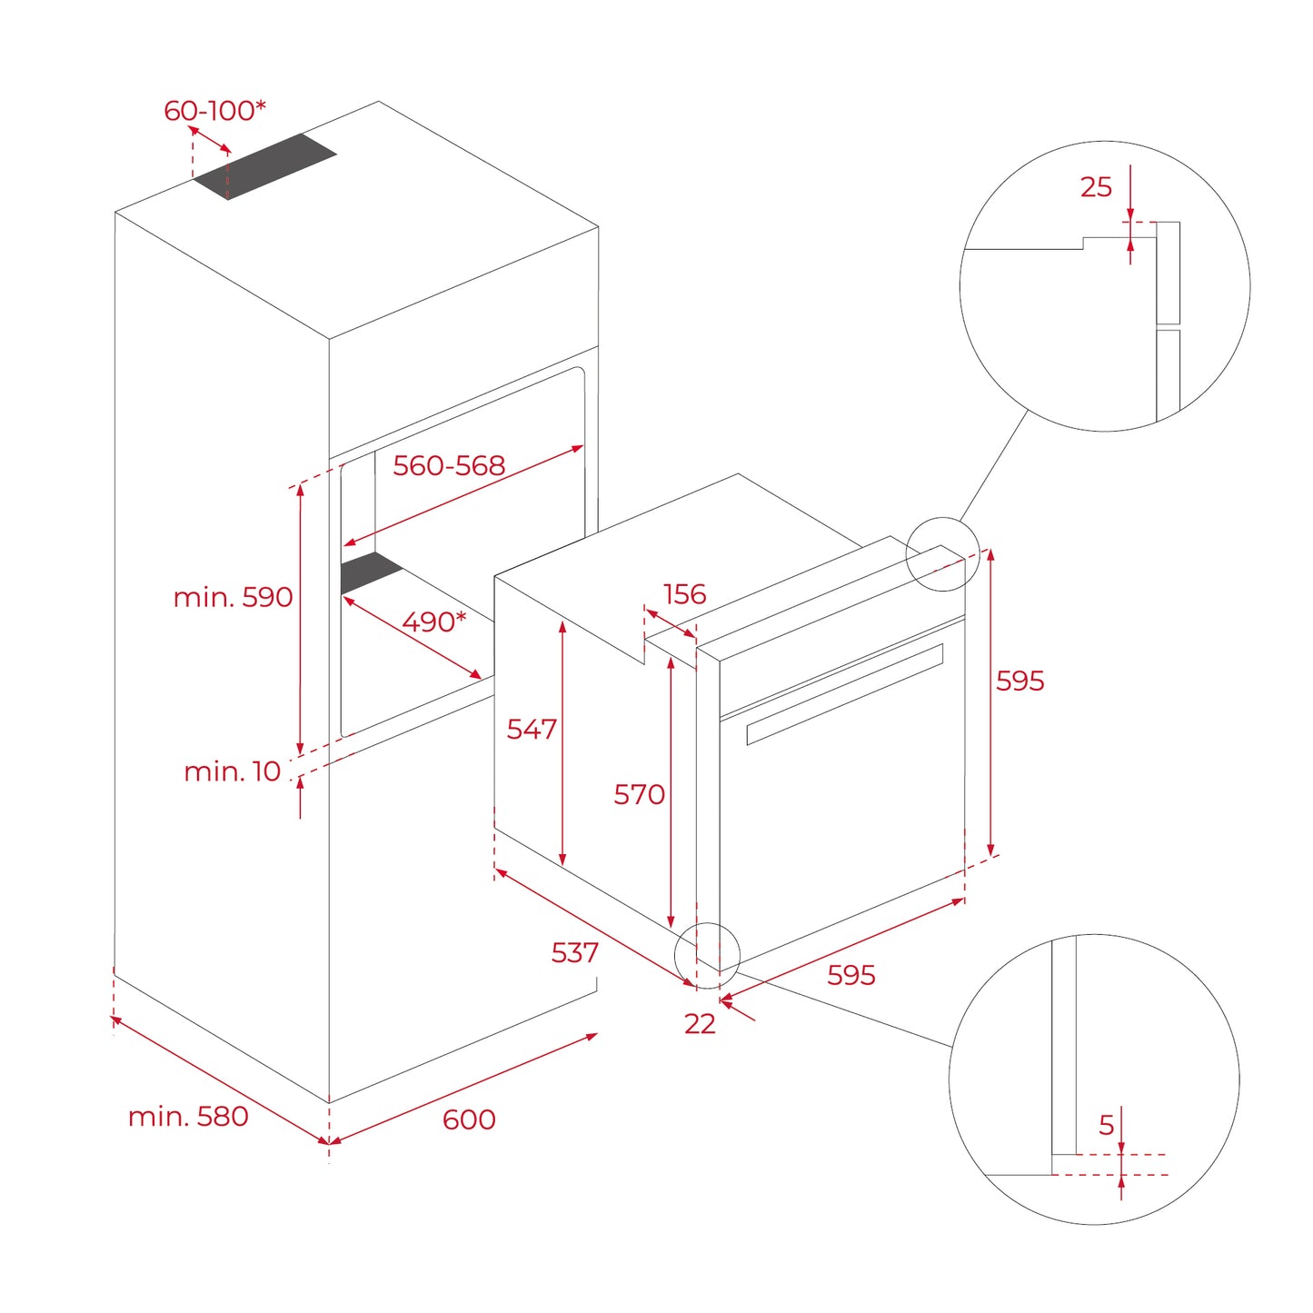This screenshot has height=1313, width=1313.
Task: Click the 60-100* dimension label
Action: (214, 111)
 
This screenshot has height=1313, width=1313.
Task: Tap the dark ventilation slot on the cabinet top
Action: (265, 165)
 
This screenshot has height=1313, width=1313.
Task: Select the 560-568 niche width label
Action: (448, 465)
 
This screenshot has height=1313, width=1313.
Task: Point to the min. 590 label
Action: (233, 597)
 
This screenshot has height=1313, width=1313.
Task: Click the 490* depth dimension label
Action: (433, 622)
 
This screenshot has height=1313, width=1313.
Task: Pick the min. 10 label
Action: (232, 771)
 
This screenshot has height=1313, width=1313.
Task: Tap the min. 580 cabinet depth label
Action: (188, 1116)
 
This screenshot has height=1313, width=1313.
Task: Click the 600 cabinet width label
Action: (469, 1119)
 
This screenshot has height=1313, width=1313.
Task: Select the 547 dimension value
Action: (532, 729)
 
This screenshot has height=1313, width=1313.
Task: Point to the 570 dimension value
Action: (639, 794)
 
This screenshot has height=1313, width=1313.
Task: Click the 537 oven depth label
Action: (574, 952)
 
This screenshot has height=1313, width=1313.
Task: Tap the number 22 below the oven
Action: (700, 1024)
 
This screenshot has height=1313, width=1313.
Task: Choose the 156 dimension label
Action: (684, 594)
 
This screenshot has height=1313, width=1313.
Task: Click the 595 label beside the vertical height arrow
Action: (1020, 681)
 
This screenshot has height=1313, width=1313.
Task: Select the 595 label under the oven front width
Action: (850, 975)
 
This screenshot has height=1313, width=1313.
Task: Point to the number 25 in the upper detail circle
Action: (1096, 187)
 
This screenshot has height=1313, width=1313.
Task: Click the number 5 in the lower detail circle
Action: (1106, 1126)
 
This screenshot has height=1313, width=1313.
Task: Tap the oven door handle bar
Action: (845, 694)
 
